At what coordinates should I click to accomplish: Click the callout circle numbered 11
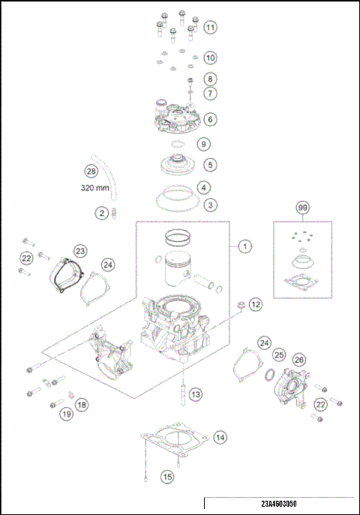(x=211, y=28)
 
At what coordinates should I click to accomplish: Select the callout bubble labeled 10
(x=211, y=57)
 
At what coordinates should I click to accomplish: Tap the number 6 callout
(x=211, y=119)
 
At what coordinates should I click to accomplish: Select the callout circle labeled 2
(x=101, y=213)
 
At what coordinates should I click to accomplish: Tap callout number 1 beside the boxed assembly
(x=243, y=246)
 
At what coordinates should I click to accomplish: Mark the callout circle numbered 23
(x=80, y=251)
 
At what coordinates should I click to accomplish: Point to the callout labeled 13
(x=195, y=394)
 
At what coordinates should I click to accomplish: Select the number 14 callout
(x=220, y=436)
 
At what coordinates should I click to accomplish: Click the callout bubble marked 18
(x=81, y=404)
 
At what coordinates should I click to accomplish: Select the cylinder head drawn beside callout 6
(x=177, y=116)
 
